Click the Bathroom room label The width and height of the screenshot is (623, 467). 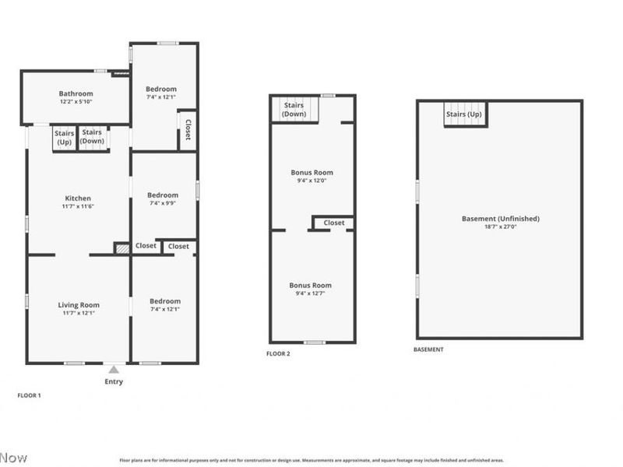click(x=76, y=93)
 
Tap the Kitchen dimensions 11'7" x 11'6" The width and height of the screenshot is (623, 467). click(x=78, y=207)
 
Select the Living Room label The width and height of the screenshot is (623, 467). click(x=79, y=304)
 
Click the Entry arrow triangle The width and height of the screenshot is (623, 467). click(x=114, y=370)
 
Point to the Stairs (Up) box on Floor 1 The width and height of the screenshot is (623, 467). click(x=64, y=138)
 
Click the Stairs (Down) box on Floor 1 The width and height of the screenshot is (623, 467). click(x=93, y=137)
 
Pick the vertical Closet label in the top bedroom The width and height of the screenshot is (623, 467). click(x=187, y=130)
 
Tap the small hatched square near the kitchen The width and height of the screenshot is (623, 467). click(x=121, y=248)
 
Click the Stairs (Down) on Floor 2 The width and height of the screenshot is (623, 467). click(x=294, y=110)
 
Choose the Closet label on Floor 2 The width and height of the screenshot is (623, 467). click(x=333, y=223)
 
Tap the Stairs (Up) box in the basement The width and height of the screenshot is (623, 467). click(x=464, y=114)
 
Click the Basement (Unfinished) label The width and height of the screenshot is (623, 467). click(x=500, y=219)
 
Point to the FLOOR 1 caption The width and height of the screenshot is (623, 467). click(x=30, y=395)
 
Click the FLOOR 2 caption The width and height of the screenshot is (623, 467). click(x=278, y=353)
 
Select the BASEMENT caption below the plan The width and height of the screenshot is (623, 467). click(x=428, y=349)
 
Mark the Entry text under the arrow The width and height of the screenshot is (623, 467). click(x=114, y=381)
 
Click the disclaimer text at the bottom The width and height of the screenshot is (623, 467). click(x=311, y=460)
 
